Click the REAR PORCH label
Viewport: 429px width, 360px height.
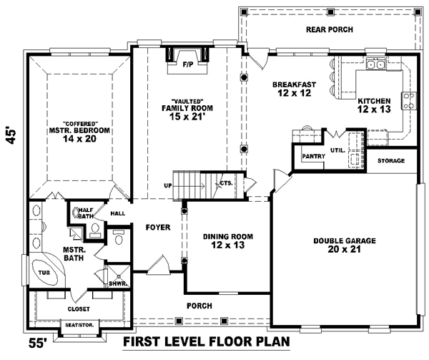330,29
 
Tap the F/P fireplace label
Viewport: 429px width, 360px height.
188,65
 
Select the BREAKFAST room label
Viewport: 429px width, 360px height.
292,84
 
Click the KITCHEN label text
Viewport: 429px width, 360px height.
374,101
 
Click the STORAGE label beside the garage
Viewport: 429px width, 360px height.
391,161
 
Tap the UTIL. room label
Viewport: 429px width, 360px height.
337,150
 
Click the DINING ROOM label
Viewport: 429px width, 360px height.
227,237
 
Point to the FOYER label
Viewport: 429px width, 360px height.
158,228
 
